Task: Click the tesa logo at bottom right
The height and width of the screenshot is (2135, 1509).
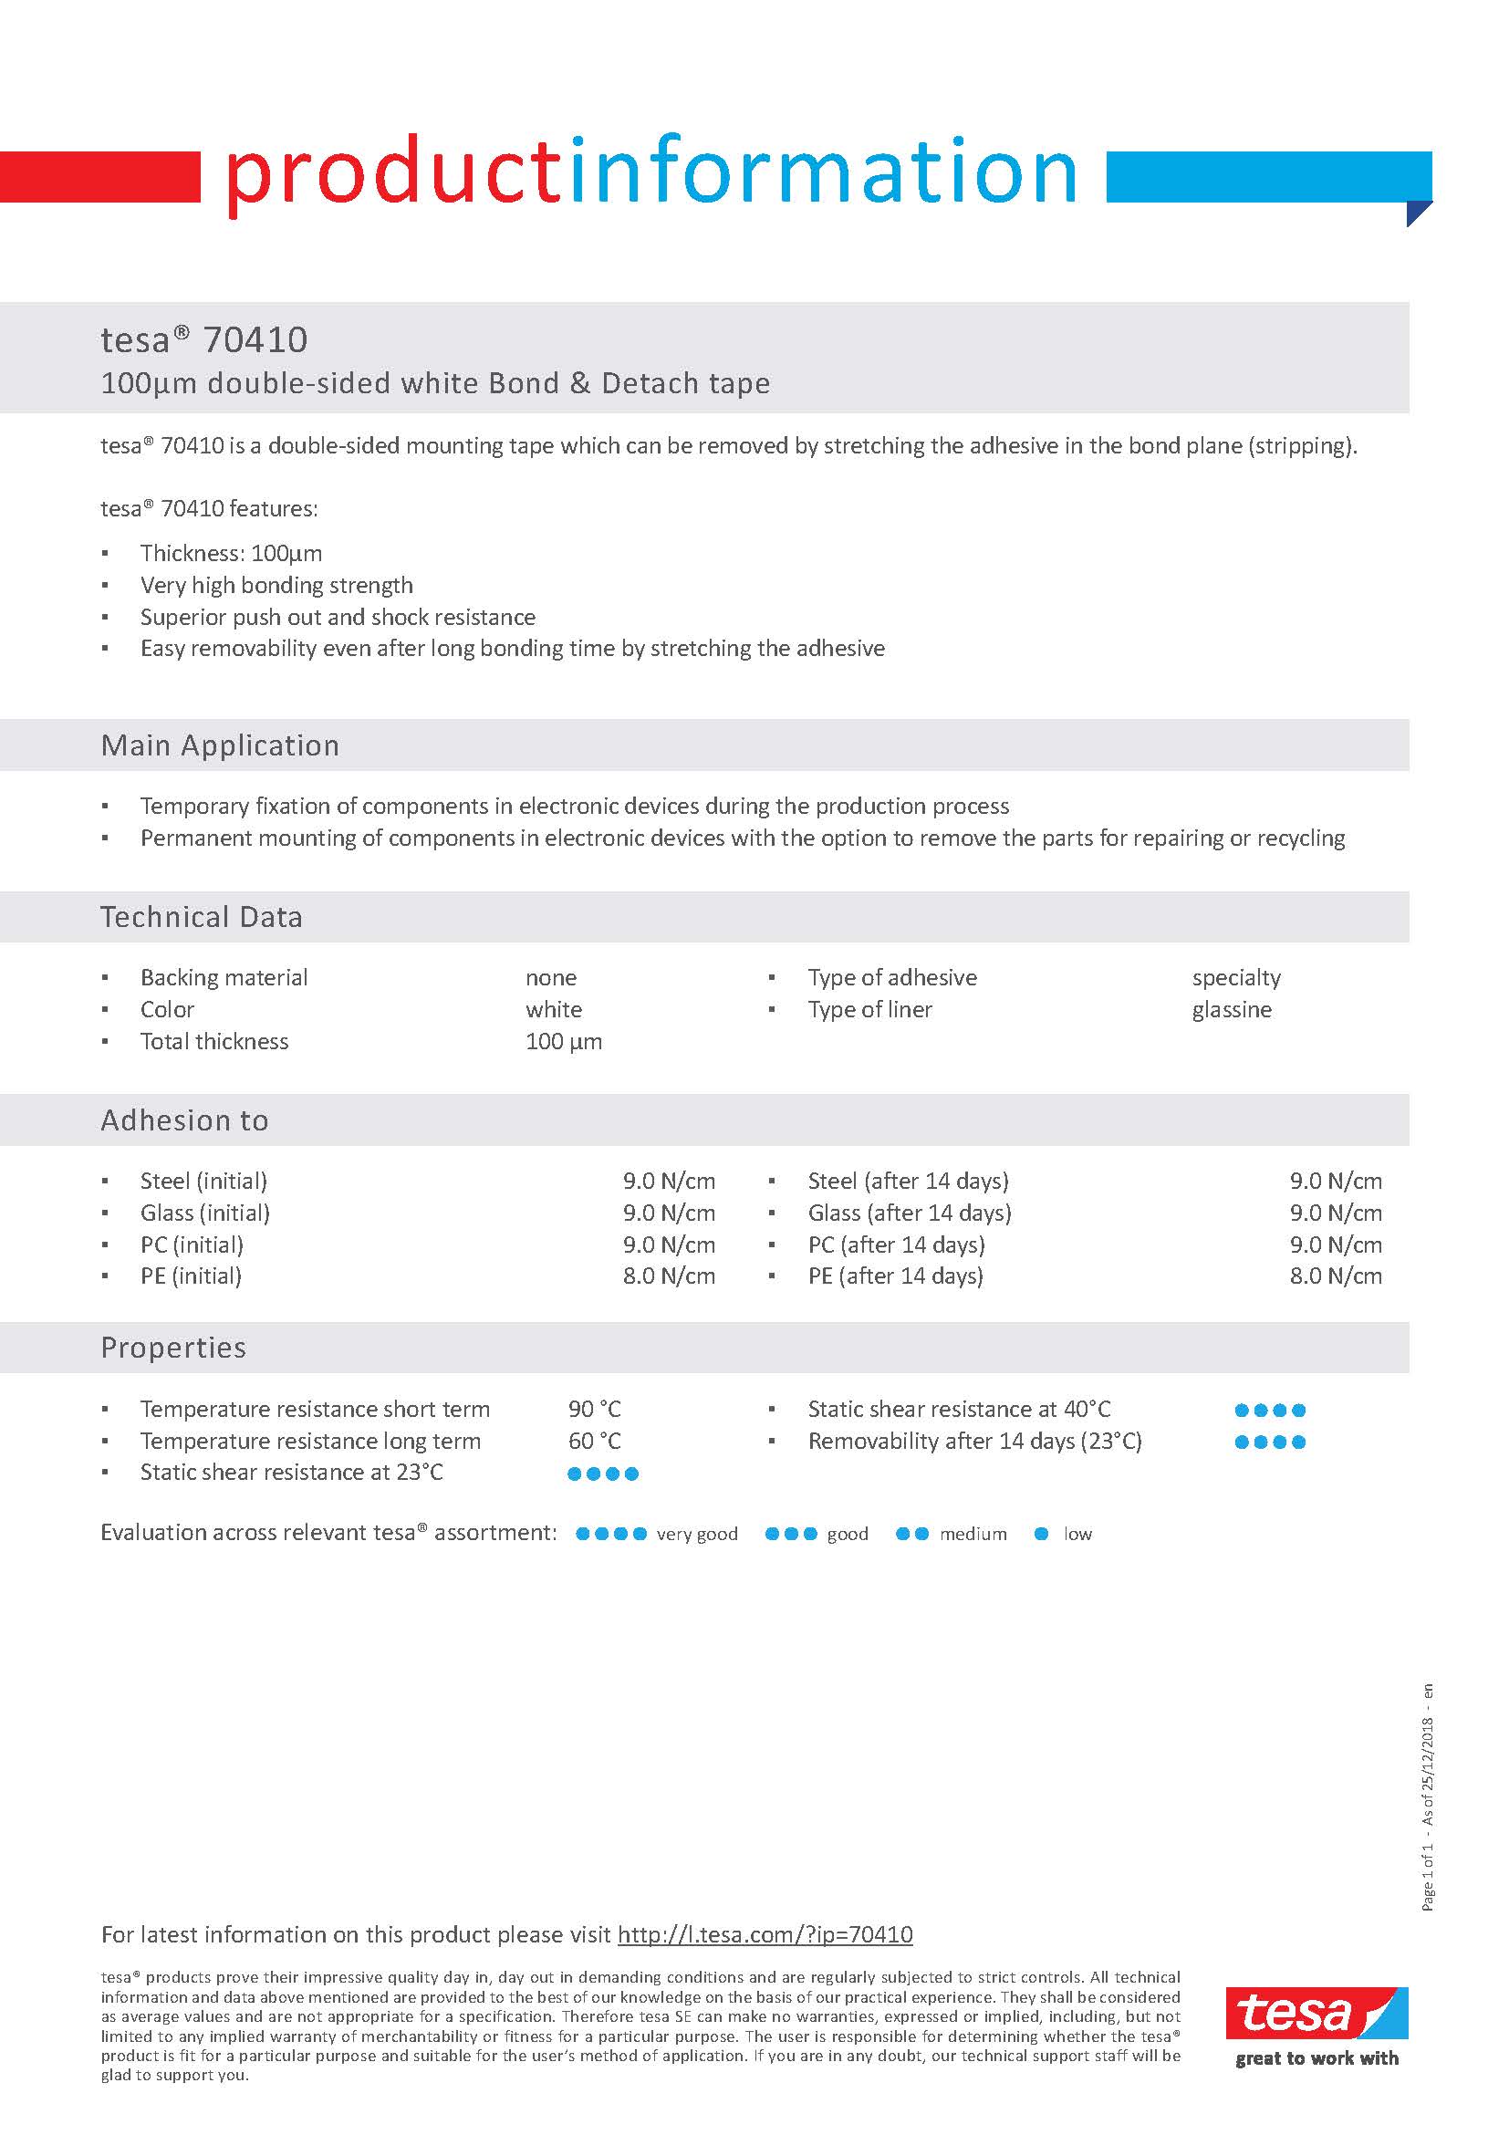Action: (x=1316, y=2012)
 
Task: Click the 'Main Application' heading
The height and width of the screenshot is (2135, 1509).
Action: (x=220, y=745)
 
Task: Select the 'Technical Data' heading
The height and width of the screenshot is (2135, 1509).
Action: (x=201, y=917)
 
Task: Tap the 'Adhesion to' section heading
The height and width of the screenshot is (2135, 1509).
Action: (x=184, y=1120)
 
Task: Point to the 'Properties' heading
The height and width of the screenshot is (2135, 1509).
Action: (x=173, y=1348)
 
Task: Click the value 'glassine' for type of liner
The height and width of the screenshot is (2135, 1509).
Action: (x=1231, y=1009)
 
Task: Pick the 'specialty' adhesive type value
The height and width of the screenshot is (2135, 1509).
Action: (x=1235, y=977)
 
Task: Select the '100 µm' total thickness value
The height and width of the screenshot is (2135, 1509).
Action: (x=564, y=1041)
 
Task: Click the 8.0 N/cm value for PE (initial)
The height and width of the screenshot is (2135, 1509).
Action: (x=669, y=1276)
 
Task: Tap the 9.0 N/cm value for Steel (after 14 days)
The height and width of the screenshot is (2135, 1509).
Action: (x=1335, y=1181)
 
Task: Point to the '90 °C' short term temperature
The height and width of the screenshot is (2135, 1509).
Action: (x=594, y=1409)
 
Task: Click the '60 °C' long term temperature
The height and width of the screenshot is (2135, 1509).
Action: (x=594, y=1441)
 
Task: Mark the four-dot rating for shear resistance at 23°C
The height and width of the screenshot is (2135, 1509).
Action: (x=602, y=1473)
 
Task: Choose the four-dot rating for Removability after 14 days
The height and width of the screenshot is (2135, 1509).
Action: (x=1270, y=1442)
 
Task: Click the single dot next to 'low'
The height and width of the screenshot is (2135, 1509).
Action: (x=1041, y=1534)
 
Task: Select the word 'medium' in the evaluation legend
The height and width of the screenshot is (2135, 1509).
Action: (x=973, y=1534)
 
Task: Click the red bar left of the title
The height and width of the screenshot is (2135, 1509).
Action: (x=99, y=177)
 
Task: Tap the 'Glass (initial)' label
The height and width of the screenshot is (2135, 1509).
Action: (x=204, y=1213)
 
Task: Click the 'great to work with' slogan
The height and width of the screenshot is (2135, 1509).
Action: (x=1316, y=2057)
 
